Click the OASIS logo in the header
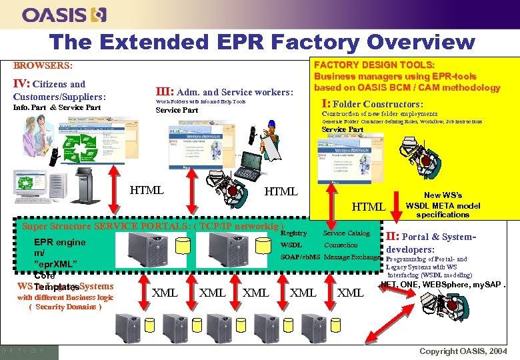64,15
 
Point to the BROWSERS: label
43,66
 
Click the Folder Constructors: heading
378,104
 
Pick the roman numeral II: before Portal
393,236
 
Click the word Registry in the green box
294,233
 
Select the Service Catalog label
346,233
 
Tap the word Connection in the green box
341,245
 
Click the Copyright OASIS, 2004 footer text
463,351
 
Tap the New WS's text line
443,196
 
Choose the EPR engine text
60,242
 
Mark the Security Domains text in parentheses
65,307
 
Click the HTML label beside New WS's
369,207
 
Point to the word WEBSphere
456,285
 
